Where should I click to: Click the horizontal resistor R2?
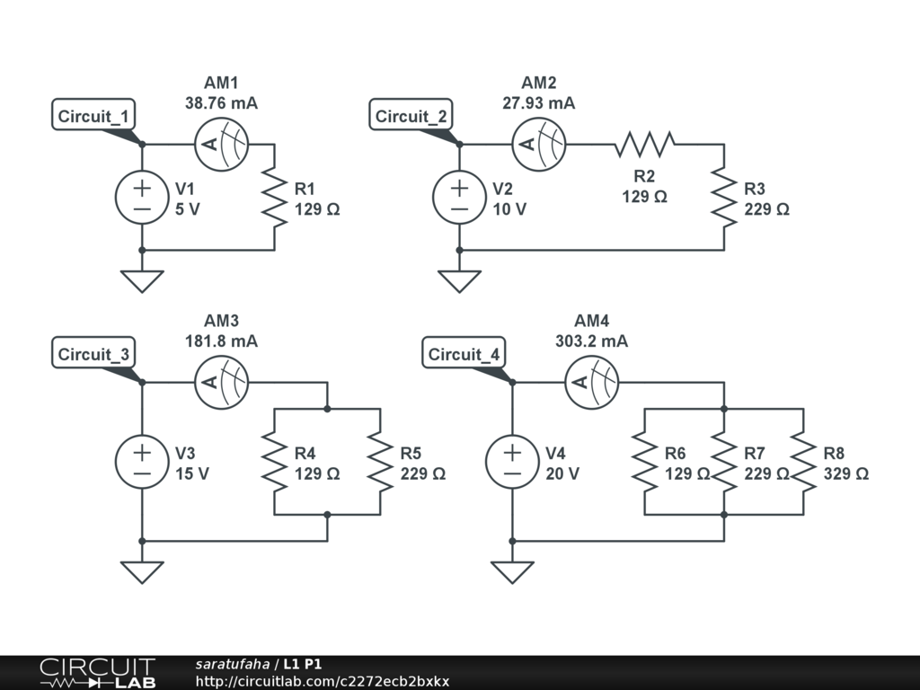point(644,145)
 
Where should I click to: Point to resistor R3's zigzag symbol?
point(724,198)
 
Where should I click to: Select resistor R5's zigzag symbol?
point(380,463)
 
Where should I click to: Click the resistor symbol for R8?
point(803,463)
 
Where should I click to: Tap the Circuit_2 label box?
point(411,115)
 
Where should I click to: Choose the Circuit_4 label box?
point(464,353)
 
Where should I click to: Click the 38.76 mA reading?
point(221,103)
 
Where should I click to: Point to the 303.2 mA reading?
point(591,341)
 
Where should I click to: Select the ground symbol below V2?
point(459,280)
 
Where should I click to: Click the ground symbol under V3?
point(142,571)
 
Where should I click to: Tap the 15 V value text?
point(192,474)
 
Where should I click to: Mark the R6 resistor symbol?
point(645,463)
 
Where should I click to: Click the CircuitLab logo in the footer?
point(98,673)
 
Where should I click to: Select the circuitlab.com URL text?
point(323,682)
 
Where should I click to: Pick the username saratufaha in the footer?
point(233,664)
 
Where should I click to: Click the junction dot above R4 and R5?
point(327,409)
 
